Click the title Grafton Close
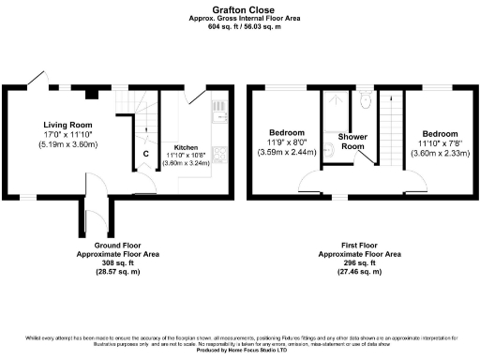pyautogui.click(x=239, y=10)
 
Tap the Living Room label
pyautogui.click(x=68, y=124)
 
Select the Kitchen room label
pyautogui.click(x=184, y=147)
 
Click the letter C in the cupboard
pyautogui.click(x=145, y=154)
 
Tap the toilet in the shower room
pyautogui.click(x=365, y=99)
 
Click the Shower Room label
pyautogui.click(x=353, y=142)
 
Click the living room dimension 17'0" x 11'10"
pyautogui.click(x=68, y=135)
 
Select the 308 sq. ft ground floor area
pyautogui.click(x=104, y=262)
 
